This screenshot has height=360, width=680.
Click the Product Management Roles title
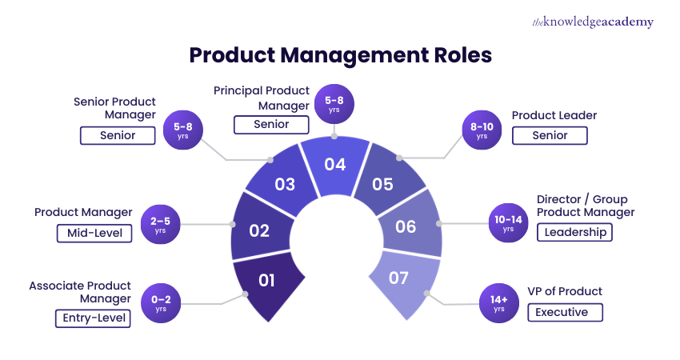pos(340,56)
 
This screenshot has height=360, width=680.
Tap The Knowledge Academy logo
pos(593,22)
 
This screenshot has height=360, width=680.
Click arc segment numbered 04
pos(335,165)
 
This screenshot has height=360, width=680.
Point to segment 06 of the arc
pos(406,226)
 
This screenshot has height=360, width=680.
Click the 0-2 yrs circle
pos(161,303)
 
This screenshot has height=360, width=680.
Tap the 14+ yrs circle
pos(498,303)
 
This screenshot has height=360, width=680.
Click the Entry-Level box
pos(93,318)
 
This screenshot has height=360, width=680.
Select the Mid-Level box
pos(94,233)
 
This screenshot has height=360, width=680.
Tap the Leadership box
pos(574,233)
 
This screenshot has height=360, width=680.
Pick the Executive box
pos(565,312)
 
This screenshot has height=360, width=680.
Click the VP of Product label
pos(566,291)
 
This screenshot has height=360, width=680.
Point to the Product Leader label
pos(554,115)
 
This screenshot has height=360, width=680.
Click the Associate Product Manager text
pos(80,292)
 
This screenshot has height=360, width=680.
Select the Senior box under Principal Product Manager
pos(271,124)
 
